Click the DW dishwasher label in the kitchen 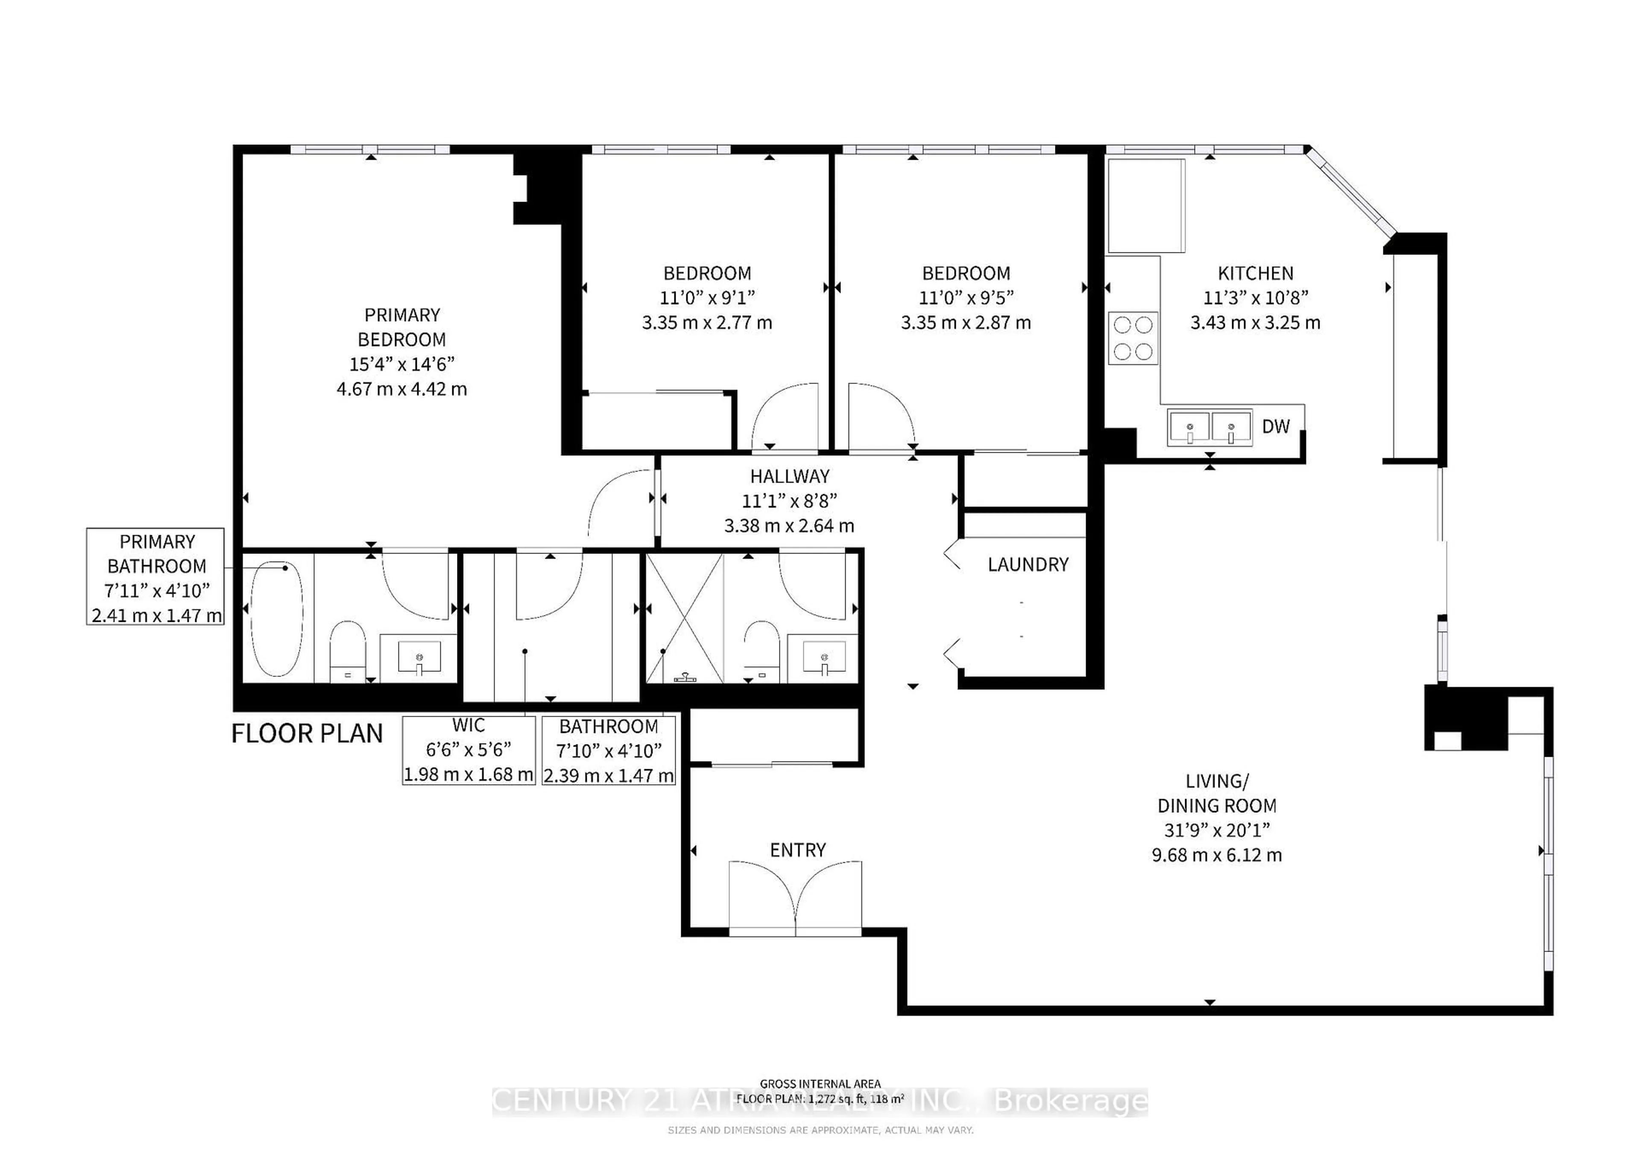click(x=1276, y=426)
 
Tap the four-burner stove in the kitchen click(x=1133, y=338)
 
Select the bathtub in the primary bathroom click(x=276, y=618)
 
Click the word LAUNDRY click(x=1028, y=564)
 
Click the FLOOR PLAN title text click(x=307, y=734)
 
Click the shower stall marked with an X click(x=684, y=618)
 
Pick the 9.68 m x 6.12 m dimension click(x=1216, y=855)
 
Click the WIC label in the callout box click(x=469, y=725)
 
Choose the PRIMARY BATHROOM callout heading click(x=156, y=554)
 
